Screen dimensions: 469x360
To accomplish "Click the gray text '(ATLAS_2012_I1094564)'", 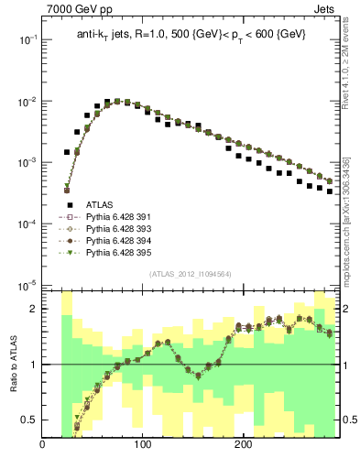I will pos(189,273).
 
